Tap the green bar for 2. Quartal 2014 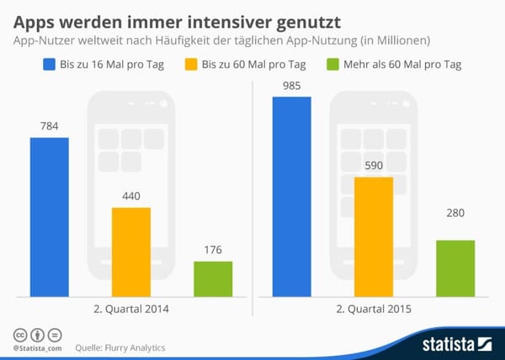click(x=213, y=278)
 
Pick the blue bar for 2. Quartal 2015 click(x=291, y=196)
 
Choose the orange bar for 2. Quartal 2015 click(x=374, y=236)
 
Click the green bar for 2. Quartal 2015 click(x=455, y=267)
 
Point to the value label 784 click(x=49, y=126)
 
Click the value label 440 click(x=130, y=195)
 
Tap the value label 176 click(x=213, y=249)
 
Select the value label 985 click(x=291, y=85)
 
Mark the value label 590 click(x=374, y=166)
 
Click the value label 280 click(x=455, y=228)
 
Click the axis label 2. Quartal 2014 click(x=130, y=310)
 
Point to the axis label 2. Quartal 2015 click(x=374, y=310)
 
